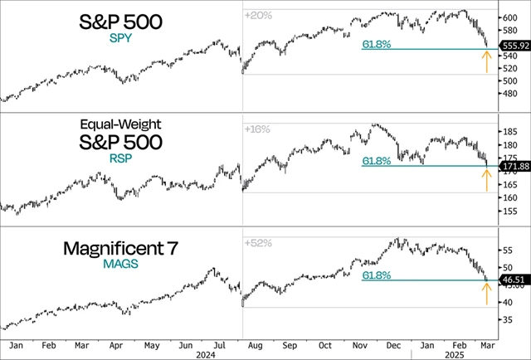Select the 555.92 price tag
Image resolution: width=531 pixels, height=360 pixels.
(x=513, y=49)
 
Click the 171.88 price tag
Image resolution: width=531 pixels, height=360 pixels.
(x=512, y=168)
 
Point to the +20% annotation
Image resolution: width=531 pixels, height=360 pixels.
(x=258, y=15)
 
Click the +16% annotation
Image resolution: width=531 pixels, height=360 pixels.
(x=258, y=129)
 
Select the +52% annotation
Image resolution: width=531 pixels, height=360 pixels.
(x=258, y=242)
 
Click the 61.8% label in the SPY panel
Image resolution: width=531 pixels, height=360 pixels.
(x=376, y=44)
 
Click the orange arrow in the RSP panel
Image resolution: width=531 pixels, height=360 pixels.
(x=486, y=180)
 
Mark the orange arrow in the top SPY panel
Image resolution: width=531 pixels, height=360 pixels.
(x=486, y=61)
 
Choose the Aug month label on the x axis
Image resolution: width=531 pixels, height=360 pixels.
(x=256, y=342)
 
